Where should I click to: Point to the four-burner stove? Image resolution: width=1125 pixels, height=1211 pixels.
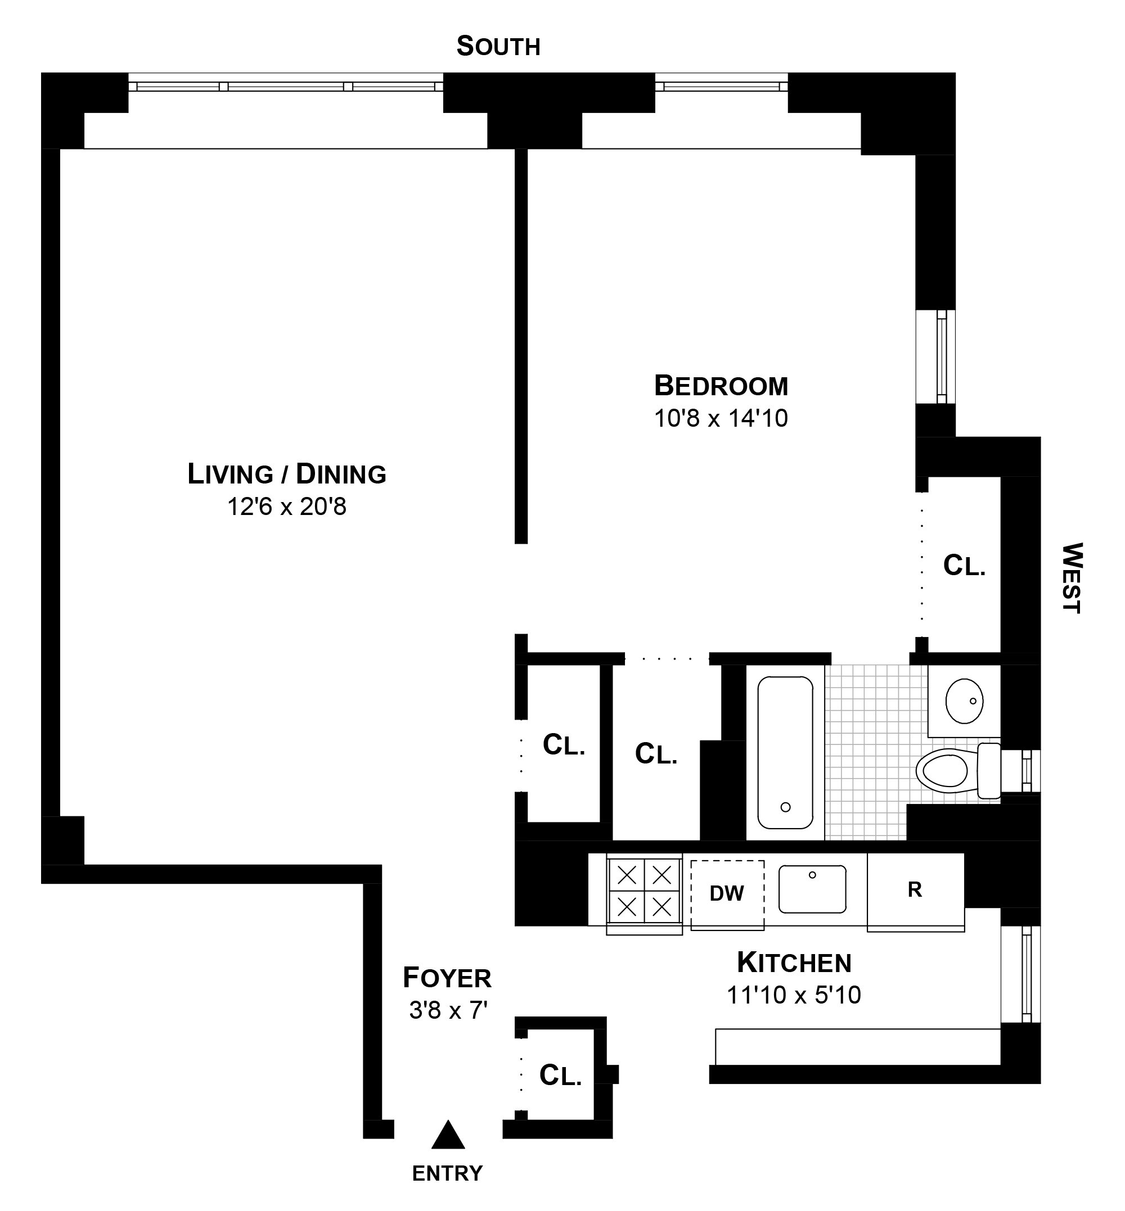tap(644, 892)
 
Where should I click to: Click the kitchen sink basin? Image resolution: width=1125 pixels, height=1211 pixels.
tap(812, 889)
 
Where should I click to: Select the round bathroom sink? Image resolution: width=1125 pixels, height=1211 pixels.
tap(964, 701)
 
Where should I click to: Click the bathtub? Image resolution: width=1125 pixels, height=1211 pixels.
tap(785, 753)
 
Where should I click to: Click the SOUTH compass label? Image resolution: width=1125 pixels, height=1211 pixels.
tap(498, 47)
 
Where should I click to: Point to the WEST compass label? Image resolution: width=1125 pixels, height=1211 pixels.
tap(1072, 578)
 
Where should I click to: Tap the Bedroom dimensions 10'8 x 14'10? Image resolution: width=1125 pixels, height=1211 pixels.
tap(721, 419)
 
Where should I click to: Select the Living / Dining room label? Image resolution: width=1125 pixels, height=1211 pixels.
tap(287, 474)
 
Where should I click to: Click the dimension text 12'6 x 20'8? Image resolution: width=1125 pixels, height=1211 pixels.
tap(287, 507)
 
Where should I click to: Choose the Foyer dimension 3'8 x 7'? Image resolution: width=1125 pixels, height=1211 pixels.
tap(449, 1010)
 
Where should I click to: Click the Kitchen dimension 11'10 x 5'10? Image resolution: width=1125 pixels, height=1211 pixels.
tap(794, 995)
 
